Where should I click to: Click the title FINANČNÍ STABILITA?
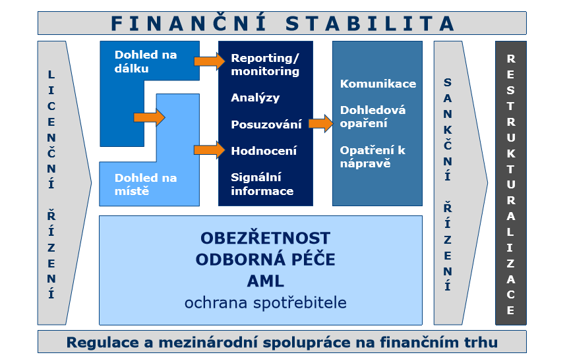[282, 23]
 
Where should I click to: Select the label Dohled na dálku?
[146, 62]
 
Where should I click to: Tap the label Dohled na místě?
[146, 184]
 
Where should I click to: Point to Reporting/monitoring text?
[265, 65]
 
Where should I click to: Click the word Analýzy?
[255, 98]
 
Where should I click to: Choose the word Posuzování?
[266, 125]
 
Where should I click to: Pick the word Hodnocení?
[264, 150]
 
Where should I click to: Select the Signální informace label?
[262, 184]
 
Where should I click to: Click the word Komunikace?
[378, 84]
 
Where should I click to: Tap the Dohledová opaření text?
[373, 117]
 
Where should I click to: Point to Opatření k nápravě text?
[373, 157]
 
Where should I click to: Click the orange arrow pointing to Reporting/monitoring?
[210, 61]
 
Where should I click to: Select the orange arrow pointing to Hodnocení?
[210, 150]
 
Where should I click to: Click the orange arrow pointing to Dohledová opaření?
[321, 124]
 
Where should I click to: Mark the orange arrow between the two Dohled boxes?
[149, 117]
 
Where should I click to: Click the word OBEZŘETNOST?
[265, 238]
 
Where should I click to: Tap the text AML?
[265, 281]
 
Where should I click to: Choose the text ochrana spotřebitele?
[265, 303]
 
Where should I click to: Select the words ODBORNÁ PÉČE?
[265, 260]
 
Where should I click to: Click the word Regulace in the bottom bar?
[103, 343]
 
